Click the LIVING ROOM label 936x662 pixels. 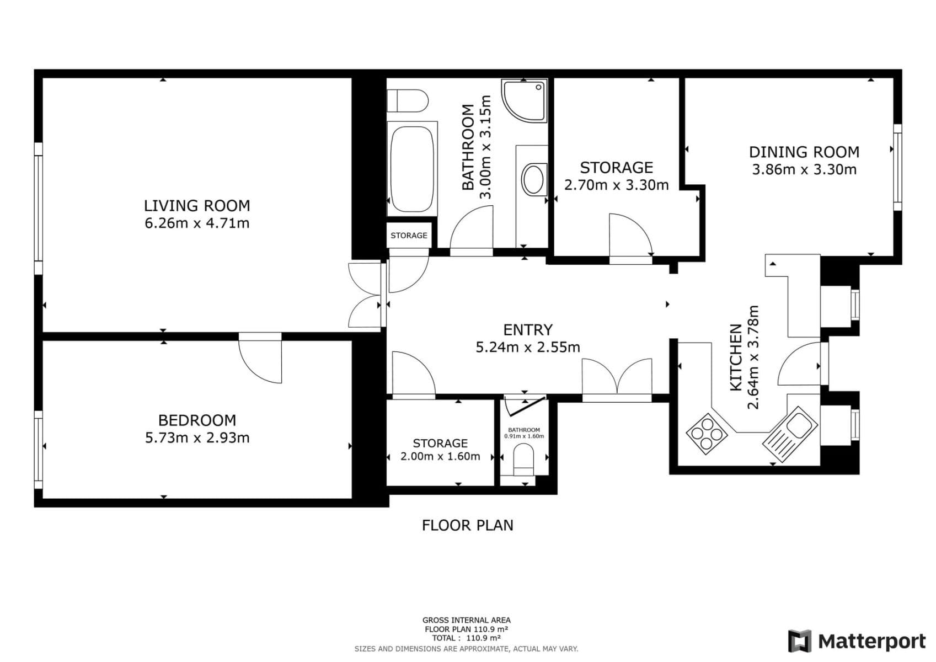click(x=197, y=206)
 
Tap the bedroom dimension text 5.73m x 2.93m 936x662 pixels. click(x=197, y=438)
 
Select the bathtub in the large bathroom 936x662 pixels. click(x=411, y=168)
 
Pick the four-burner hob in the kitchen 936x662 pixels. click(x=707, y=434)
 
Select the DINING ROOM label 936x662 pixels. click(x=804, y=152)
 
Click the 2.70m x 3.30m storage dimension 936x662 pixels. click(x=616, y=185)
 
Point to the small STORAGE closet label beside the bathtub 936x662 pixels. click(x=409, y=236)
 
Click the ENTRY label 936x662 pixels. click(x=528, y=330)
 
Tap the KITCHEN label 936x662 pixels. click(x=736, y=357)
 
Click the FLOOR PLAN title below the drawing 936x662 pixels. click(x=467, y=525)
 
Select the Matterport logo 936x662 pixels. click(x=856, y=641)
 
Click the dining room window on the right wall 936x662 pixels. click(x=897, y=167)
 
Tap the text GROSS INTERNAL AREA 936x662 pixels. click(x=466, y=620)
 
